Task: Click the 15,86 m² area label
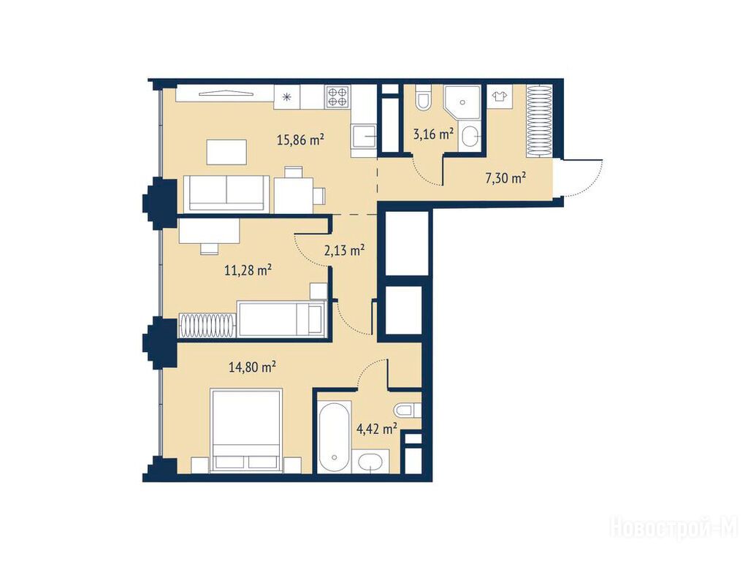pyautogui.click(x=300, y=140)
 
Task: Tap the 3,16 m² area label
pyautogui.click(x=433, y=134)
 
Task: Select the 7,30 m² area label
pyautogui.click(x=505, y=178)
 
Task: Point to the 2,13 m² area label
pyautogui.click(x=345, y=250)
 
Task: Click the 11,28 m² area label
pyautogui.click(x=248, y=270)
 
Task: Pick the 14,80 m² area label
pyautogui.click(x=252, y=367)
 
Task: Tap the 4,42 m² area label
pyautogui.click(x=377, y=429)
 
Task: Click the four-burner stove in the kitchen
pyautogui.click(x=337, y=96)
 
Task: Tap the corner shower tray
pyautogui.click(x=462, y=102)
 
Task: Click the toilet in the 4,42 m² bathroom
pyautogui.click(x=407, y=410)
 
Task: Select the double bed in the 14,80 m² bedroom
pyautogui.click(x=246, y=431)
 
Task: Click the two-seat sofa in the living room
pyautogui.click(x=226, y=193)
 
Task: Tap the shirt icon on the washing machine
pyautogui.click(x=500, y=96)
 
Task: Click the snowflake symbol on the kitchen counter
pyautogui.click(x=286, y=98)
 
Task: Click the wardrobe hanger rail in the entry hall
pyautogui.click(x=540, y=121)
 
